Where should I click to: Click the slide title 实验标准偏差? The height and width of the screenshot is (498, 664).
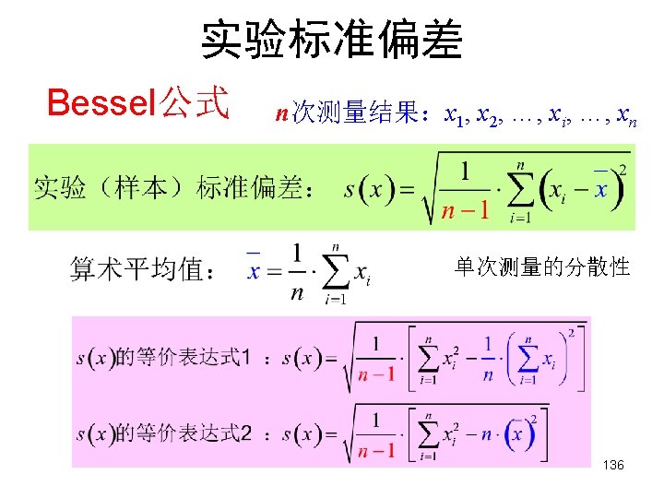[x=332, y=41]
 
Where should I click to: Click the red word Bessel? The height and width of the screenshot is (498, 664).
[x=101, y=102]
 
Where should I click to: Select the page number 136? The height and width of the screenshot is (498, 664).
[x=613, y=466]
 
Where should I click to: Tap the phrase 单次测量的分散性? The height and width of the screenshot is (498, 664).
[x=542, y=267]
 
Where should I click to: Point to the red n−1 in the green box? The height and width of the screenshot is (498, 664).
[x=464, y=212]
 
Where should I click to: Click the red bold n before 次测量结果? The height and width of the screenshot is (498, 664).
[x=282, y=114]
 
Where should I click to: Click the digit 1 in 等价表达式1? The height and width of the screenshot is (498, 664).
[x=244, y=358]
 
